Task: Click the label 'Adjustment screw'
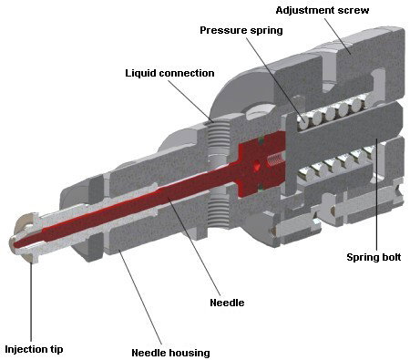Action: tap(323, 10)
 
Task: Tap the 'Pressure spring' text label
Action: tap(241, 30)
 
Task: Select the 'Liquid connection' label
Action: tap(169, 73)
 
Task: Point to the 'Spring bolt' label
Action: tap(374, 257)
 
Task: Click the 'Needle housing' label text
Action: tap(170, 353)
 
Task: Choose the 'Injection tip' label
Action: tap(34, 349)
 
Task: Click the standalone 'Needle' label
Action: tap(227, 303)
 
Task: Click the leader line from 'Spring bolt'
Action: tap(376, 195)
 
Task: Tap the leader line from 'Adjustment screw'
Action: tap(337, 36)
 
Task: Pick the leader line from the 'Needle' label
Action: tap(194, 248)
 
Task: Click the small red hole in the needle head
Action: tap(257, 166)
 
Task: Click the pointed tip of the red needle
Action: tap(15, 245)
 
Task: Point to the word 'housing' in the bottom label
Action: tap(190, 353)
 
